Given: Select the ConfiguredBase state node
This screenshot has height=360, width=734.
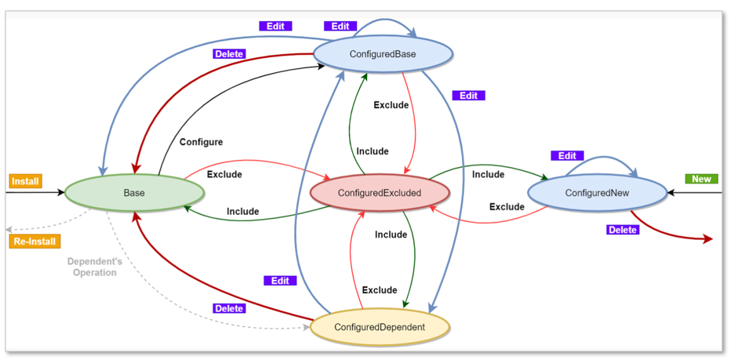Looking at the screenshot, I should (x=383, y=55).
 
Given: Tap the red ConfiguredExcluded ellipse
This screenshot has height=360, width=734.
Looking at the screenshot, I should (x=379, y=193).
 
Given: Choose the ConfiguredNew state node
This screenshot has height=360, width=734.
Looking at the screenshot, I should (x=596, y=192).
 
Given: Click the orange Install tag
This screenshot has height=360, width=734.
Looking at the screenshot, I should (x=25, y=181).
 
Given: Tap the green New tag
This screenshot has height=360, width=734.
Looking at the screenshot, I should (x=701, y=179).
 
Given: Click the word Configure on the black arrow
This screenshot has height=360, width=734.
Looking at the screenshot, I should (x=201, y=142).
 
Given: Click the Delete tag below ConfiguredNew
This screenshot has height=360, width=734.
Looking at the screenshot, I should (x=623, y=230).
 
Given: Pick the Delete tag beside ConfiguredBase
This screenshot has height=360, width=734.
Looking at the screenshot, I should (x=229, y=54).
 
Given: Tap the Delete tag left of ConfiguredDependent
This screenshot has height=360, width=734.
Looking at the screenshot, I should (x=229, y=308).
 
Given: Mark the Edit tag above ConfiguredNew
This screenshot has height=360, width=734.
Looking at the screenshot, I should (x=567, y=155).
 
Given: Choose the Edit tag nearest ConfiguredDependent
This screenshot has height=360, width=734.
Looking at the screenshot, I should (x=280, y=280).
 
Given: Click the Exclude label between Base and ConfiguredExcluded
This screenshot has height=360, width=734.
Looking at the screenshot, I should (x=224, y=174).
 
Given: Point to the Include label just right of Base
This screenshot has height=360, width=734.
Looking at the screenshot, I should (x=242, y=211).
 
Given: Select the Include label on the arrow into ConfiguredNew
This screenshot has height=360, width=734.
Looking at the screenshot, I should (x=488, y=174).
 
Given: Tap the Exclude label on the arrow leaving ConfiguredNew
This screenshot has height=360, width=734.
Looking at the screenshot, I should (x=507, y=207).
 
